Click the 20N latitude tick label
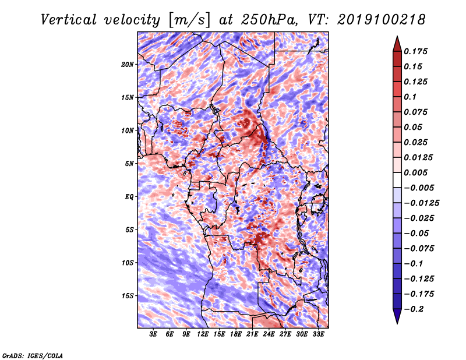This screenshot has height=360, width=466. click(128, 65)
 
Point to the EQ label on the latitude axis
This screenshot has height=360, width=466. click(129, 197)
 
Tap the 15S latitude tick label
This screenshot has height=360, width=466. click(128, 296)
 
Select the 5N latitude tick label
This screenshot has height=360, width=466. click(129, 164)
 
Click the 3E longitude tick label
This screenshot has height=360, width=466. click(153, 334)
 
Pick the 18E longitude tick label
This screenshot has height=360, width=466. click(236, 334)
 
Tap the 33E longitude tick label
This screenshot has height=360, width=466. click(318, 334)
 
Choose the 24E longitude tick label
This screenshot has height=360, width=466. click(269, 334)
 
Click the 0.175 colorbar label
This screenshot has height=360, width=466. click(415, 51)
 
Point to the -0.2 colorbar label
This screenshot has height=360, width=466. click(414, 309)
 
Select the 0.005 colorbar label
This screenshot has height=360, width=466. click(415, 172)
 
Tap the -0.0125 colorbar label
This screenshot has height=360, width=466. click(421, 203)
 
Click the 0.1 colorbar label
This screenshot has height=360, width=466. click(410, 97)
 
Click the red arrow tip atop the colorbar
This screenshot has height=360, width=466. click(397, 37)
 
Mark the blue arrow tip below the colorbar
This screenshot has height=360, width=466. click(397, 323)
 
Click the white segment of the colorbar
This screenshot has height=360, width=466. click(397, 180)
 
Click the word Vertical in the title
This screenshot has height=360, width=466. click(69, 20)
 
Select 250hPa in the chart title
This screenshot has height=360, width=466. click(269, 20)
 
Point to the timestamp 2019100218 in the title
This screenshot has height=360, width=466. click(382, 20)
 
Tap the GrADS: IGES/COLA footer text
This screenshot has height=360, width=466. click(33, 356)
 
